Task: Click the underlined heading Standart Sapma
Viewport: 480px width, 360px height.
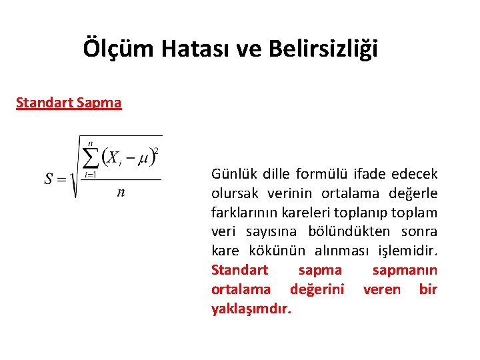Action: tap(69, 103)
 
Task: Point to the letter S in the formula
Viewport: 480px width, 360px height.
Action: tap(49, 179)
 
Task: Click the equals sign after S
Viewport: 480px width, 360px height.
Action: tap(62, 179)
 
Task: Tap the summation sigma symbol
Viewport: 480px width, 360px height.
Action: tap(90, 158)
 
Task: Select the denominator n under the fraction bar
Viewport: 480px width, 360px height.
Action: tap(120, 193)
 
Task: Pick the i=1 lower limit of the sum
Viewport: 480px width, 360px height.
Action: tap(90, 175)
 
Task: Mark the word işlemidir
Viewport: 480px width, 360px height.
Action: tap(407, 251)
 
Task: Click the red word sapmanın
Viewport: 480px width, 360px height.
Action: tap(405, 270)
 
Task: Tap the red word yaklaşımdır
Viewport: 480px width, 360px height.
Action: tap(251, 309)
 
